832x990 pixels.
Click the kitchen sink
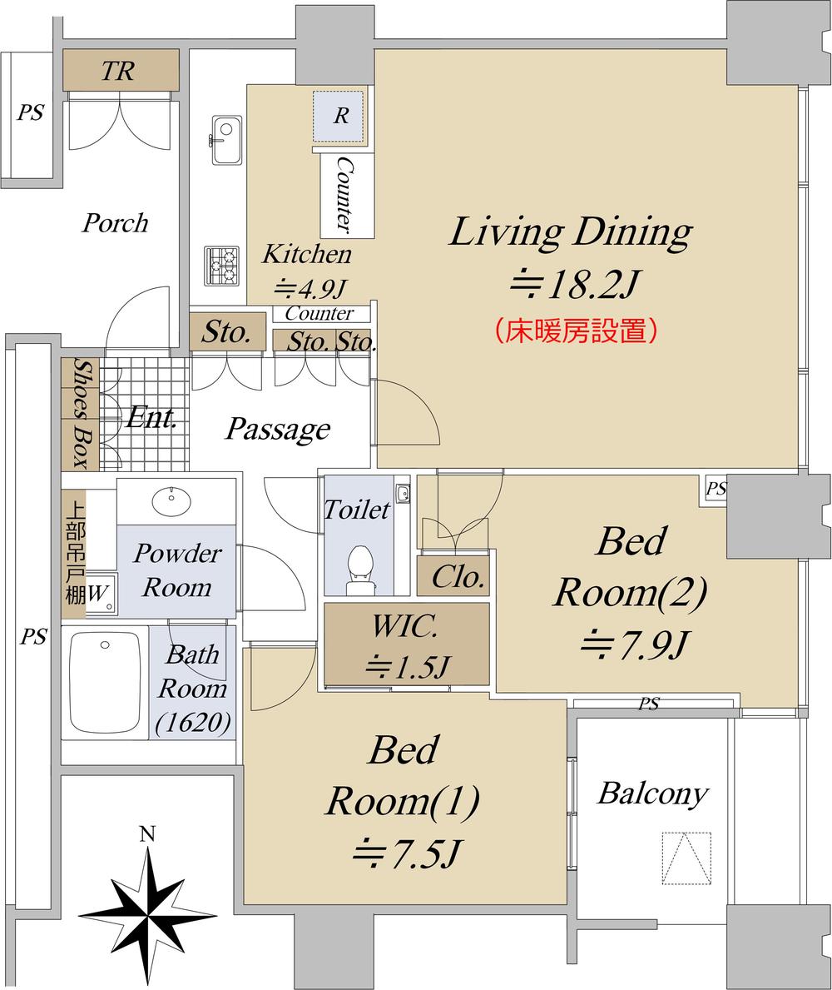[x=225, y=140]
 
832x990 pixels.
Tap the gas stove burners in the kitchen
[x=222, y=265]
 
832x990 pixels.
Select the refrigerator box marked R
[x=340, y=117]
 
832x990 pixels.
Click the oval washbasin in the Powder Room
[x=171, y=500]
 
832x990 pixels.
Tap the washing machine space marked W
[x=100, y=593]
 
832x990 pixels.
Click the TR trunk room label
[x=118, y=70]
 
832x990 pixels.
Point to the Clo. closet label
[x=458, y=576]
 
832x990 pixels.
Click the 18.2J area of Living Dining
[x=574, y=285]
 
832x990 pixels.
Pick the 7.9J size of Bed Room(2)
[x=632, y=644]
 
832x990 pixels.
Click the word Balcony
[x=653, y=793]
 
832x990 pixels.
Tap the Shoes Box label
[x=81, y=414]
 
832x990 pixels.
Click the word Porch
[x=116, y=223]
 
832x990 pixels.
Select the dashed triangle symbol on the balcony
[x=686, y=858]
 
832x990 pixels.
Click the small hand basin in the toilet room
[x=403, y=492]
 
